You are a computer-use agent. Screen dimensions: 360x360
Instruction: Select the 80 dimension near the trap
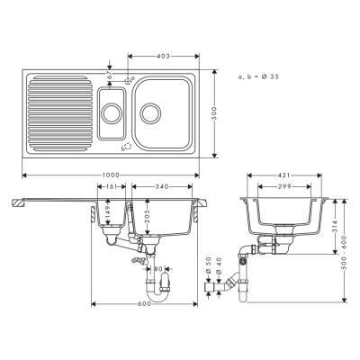[158, 268]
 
